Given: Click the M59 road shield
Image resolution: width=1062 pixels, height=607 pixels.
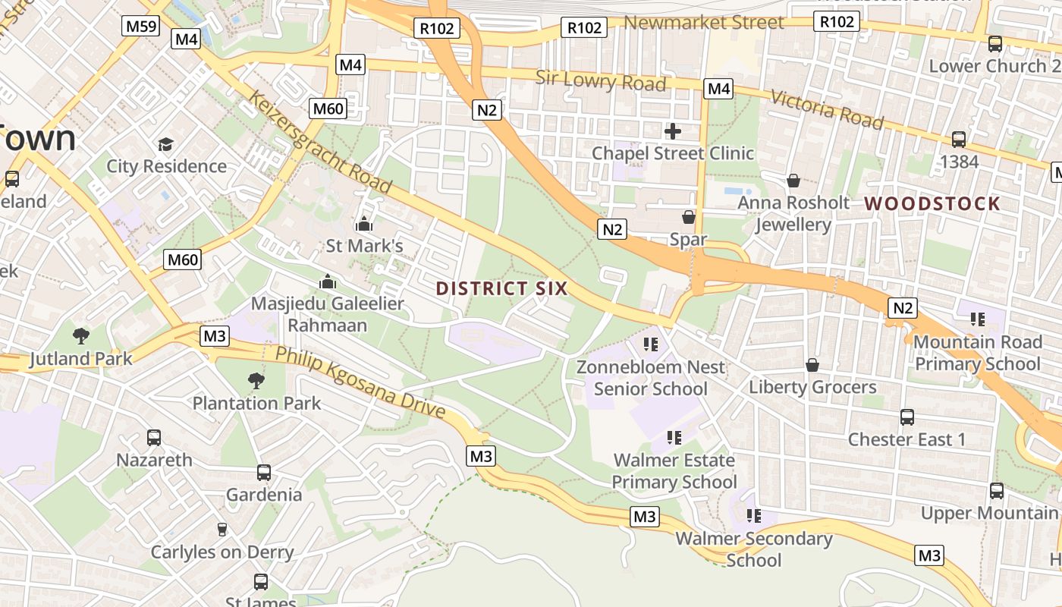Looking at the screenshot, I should [141, 27].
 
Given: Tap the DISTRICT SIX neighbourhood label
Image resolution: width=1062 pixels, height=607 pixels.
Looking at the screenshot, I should [501, 288].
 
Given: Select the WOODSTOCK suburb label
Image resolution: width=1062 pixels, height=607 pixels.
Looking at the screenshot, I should [932, 203].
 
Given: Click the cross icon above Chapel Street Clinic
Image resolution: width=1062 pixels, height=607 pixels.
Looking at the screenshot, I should [672, 131].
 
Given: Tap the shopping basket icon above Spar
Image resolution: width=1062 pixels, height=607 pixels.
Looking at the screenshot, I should [689, 218].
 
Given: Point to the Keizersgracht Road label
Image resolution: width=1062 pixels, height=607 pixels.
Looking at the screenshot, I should [321, 143].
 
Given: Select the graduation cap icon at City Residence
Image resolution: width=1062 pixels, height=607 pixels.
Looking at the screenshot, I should [165, 144].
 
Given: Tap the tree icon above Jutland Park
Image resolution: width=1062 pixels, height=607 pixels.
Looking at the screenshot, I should [80, 335].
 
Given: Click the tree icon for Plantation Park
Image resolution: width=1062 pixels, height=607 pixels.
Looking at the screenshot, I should [256, 380].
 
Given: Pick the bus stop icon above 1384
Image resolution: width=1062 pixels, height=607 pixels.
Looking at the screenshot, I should [959, 140].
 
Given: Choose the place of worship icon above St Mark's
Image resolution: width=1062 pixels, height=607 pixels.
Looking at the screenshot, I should [364, 224].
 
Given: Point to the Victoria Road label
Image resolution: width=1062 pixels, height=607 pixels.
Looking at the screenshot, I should [827, 109].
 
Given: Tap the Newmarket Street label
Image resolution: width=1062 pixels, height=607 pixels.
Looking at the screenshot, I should [703, 23].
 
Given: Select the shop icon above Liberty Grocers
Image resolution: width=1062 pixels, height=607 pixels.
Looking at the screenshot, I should [812, 365].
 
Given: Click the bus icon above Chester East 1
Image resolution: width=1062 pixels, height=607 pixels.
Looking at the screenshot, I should [906, 417].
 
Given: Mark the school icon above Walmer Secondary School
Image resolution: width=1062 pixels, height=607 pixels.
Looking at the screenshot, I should [753, 516].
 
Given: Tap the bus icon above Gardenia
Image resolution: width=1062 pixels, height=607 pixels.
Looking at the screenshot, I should [264, 473].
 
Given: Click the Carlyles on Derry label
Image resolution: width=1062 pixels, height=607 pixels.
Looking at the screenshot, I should [222, 552].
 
